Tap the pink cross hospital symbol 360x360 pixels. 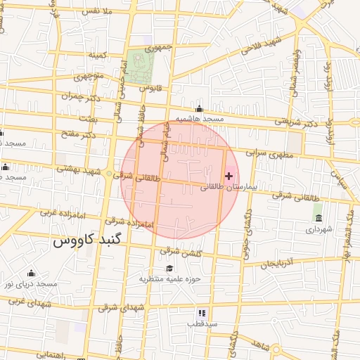pos(229,175)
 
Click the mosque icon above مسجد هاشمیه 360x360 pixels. pos(200,109)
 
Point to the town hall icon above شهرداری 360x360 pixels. pos(318,217)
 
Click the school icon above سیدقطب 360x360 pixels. pos(202,312)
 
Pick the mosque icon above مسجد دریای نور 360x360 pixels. pos(30,273)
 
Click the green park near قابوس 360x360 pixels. pos(139,68)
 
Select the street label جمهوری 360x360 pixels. pos(158,49)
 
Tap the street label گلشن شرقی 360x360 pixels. pos(181,252)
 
